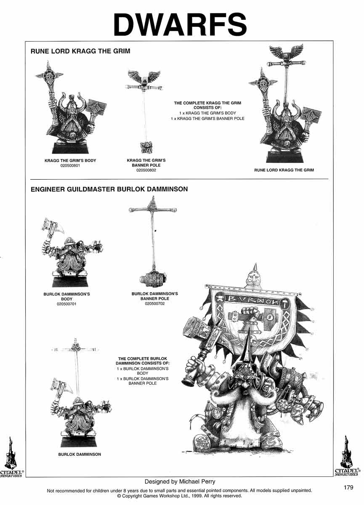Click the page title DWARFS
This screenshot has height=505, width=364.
(x=180, y=24)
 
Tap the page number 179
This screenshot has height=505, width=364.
(x=348, y=487)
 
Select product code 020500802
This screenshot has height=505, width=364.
(x=146, y=170)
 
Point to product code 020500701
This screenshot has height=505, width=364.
(x=66, y=303)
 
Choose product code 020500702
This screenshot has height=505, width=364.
(x=154, y=303)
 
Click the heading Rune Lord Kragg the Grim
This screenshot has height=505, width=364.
(x=80, y=51)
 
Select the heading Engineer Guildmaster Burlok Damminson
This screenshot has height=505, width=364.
(x=109, y=189)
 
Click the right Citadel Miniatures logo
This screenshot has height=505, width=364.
(x=346, y=457)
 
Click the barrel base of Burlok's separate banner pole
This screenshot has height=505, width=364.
(x=154, y=279)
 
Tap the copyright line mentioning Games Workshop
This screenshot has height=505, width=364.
(x=180, y=496)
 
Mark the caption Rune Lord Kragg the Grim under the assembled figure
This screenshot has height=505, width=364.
(x=284, y=170)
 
